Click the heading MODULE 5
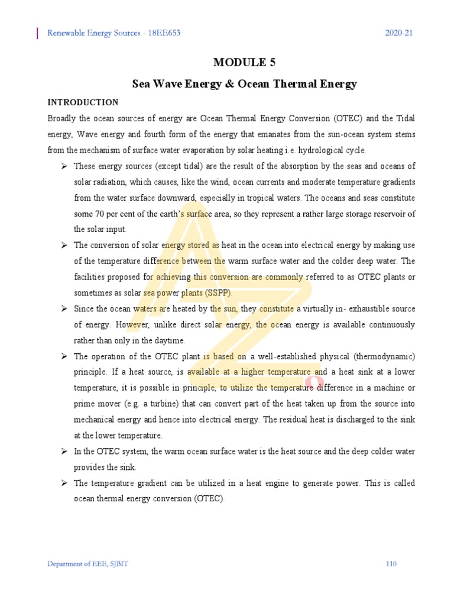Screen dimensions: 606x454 (244, 63)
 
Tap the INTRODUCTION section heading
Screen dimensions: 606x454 (83, 102)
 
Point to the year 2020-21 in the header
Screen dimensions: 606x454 (398, 33)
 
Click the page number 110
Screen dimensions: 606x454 (391, 564)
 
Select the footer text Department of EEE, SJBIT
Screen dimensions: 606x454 (87, 564)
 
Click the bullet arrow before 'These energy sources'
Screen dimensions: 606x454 (63, 166)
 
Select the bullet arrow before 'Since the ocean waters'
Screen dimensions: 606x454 (63, 309)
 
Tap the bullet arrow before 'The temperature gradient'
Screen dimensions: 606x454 (63, 483)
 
